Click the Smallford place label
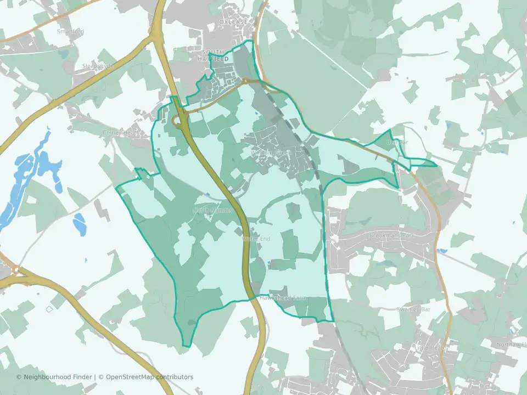coord(70,31)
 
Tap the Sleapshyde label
coord(98,66)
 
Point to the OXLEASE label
coord(233,22)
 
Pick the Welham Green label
coord(269,152)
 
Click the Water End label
coord(256,239)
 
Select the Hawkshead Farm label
coord(285,298)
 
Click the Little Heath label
coord(431,347)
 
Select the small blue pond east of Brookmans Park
coord(442,251)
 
